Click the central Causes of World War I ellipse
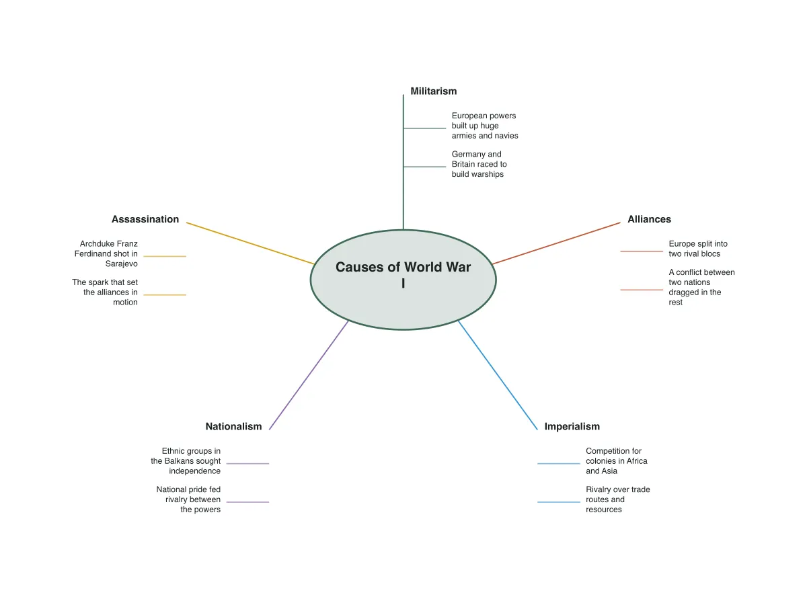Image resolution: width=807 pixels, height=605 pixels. click(x=403, y=280)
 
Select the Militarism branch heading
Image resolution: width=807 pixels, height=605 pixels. click(x=434, y=91)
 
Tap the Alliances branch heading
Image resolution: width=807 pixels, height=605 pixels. click(x=649, y=219)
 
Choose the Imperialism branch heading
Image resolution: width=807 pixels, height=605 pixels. click(x=572, y=426)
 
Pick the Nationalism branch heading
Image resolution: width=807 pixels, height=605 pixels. click(x=233, y=426)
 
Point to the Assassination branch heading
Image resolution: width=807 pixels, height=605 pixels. click(x=145, y=219)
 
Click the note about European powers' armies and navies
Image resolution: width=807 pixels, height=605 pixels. click(x=485, y=126)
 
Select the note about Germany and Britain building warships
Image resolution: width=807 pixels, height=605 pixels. click(x=479, y=164)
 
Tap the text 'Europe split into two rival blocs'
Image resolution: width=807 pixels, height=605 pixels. click(x=698, y=249)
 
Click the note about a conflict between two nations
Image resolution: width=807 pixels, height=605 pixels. click(x=701, y=287)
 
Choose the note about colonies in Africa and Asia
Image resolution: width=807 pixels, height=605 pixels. click(x=616, y=460)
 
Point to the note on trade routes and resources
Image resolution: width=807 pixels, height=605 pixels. click(x=617, y=499)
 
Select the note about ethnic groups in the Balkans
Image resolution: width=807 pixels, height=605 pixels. click(x=186, y=460)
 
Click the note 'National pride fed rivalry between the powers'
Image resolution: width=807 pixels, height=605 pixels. click(x=188, y=499)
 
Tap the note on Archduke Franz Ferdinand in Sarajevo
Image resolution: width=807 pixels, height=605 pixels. click(x=106, y=253)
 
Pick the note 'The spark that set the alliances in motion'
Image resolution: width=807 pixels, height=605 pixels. click(x=105, y=292)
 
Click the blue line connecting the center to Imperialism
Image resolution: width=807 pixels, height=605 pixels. click(x=498, y=375)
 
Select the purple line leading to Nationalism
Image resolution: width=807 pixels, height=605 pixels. click(x=309, y=375)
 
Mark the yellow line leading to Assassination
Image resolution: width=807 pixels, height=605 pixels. click(x=250, y=243)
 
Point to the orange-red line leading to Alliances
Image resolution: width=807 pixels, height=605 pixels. click(x=556, y=243)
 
